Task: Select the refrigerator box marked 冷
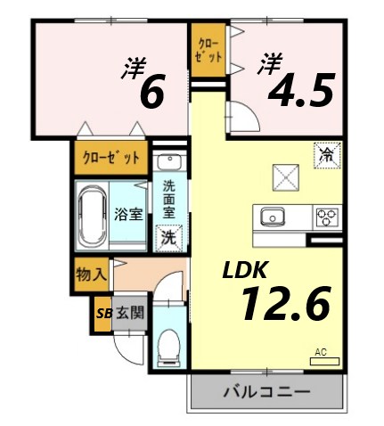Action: pyautogui.click(x=326, y=156)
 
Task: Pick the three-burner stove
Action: pyautogui.click(x=326, y=216)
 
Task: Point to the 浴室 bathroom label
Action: pyautogui.click(x=128, y=214)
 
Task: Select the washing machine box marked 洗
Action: pyautogui.click(x=167, y=238)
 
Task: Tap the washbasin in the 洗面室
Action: pyautogui.click(x=168, y=162)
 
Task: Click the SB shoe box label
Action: pyautogui.click(x=103, y=313)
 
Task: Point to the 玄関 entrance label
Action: pyautogui.click(x=130, y=313)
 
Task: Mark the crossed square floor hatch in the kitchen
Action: pyautogui.click(x=285, y=176)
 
